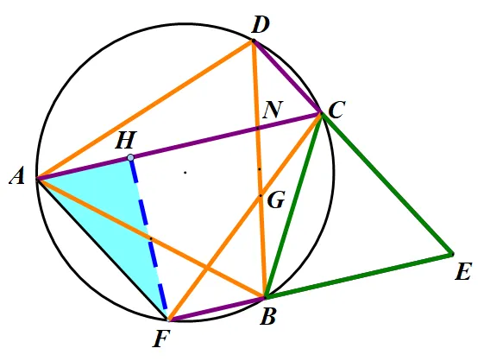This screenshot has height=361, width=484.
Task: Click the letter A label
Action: [17, 177]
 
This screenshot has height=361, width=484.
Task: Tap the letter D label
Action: [261, 25]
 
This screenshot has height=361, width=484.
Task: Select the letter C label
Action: [336, 111]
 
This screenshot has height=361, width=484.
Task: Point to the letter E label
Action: [463, 272]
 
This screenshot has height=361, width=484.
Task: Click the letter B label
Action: [267, 316]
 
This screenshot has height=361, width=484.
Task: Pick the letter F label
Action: [161, 339]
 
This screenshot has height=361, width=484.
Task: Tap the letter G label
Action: [275, 200]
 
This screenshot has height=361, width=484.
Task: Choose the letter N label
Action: [273, 110]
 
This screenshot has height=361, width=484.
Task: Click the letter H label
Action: [126, 141]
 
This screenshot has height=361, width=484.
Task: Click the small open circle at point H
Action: [130, 158]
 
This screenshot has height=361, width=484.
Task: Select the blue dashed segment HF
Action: [148, 238]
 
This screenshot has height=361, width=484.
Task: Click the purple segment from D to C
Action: [286, 76]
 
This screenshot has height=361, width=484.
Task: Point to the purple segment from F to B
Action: [217, 308]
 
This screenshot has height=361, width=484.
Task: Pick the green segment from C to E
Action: [387, 184]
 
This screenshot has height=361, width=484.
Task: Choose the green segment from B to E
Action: [358, 275]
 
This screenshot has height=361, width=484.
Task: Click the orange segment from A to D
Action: [144, 110]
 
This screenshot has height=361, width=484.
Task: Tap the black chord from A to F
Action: [102, 249]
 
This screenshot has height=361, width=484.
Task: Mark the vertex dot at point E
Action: [452, 254]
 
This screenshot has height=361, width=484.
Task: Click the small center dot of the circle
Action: [185, 173]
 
